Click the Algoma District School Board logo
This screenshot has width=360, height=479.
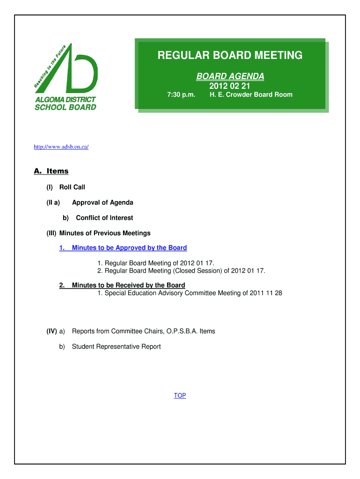tap(65, 77)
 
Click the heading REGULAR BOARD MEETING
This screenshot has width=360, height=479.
tap(230, 56)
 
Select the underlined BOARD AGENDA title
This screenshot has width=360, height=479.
tap(230, 76)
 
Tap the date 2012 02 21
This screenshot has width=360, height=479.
tap(230, 86)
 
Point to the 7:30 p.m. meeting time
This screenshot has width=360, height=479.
tap(181, 95)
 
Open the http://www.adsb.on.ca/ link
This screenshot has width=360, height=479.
tap(61, 147)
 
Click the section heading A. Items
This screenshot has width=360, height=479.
tap(51, 171)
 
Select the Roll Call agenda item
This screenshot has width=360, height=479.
tap(72, 187)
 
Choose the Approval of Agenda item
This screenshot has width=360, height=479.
tap(102, 203)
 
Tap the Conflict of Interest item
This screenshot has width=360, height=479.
tap(104, 218)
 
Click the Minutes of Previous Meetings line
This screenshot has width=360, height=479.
tap(105, 233)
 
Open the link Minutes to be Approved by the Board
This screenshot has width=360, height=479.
tap(129, 248)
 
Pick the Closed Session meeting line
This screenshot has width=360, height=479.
tap(181, 271)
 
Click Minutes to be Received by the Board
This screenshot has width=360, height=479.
tap(128, 285)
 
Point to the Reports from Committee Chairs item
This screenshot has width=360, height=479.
tap(144, 331)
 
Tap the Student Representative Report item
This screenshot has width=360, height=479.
tap(116, 347)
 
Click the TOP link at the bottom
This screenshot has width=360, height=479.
tap(180, 396)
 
